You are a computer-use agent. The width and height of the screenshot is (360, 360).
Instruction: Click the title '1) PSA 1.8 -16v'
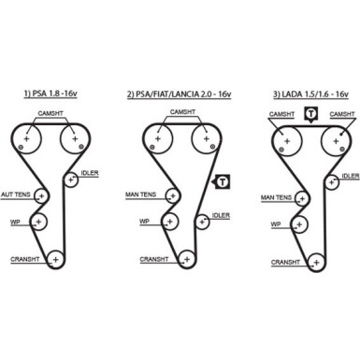point(52,94)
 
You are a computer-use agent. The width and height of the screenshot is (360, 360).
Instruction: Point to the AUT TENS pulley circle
point(40,194)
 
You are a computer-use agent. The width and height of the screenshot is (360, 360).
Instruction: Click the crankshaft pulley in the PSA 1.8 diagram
point(55,259)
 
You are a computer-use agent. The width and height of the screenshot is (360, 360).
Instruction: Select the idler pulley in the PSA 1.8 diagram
point(69,180)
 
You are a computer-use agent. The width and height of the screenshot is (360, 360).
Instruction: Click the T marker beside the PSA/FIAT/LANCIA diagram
point(222,180)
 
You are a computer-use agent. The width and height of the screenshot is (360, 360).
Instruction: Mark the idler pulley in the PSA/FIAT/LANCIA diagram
point(199,221)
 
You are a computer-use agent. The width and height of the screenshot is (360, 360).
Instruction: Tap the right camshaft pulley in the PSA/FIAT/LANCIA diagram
point(203,139)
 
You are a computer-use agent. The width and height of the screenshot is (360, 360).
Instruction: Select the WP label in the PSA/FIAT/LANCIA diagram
point(145,222)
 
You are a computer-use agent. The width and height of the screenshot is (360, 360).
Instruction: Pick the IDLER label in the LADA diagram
point(351,175)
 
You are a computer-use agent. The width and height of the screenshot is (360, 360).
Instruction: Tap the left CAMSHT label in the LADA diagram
point(281,114)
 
